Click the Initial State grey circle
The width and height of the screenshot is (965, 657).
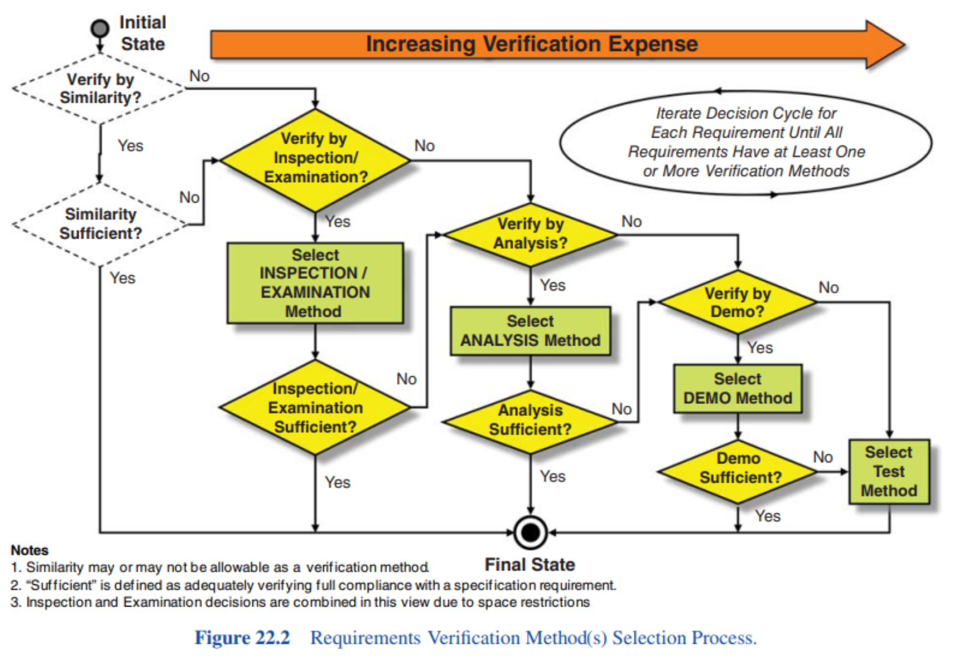click(x=100, y=28)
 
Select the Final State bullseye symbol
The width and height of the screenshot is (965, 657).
click(x=530, y=533)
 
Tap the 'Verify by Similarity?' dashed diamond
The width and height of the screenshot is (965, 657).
click(x=100, y=89)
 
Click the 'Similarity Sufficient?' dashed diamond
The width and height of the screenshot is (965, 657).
click(x=100, y=224)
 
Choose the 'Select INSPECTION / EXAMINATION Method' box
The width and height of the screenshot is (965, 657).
click(x=315, y=283)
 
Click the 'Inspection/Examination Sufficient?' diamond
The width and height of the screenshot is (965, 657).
click(x=315, y=408)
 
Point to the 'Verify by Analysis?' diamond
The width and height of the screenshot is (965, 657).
click(x=530, y=234)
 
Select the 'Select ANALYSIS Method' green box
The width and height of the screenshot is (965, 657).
click(x=530, y=331)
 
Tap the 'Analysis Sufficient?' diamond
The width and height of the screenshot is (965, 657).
click(x=530, y=421)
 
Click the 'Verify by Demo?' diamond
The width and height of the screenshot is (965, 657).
click(x=738, y=302)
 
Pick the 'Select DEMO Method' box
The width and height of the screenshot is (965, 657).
click(x=738, y=388)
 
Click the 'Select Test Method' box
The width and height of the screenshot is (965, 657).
click(x=888, y=472)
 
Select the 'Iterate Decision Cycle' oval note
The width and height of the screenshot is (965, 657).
click(x=746, y=143)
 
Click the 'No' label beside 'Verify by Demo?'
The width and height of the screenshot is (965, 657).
click(x=829, y=287)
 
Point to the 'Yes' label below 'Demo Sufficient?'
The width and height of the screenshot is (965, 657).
click(x=768, y=516)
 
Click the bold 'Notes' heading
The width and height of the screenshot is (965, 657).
click(x=30, y=550)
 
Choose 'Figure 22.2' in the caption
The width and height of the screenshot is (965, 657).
click(x=242, y=638)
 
